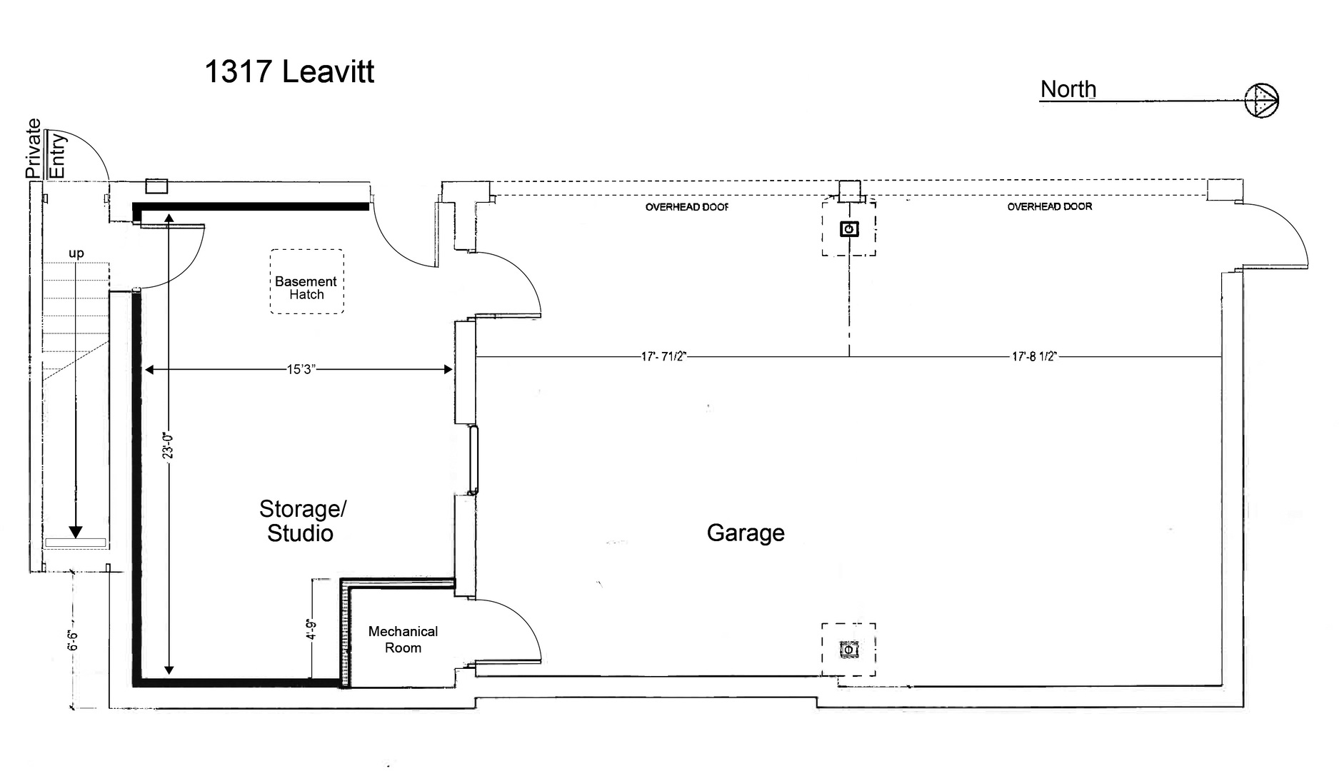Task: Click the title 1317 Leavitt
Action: pyautogui.click(x=289, y=72)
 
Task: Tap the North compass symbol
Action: pyautogui.click(x=1262, y=100)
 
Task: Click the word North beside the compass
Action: pyautogui.click(x=1068, y=89)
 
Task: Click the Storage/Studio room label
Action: pyautogui.click(x=301, y=521)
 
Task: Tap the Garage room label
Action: pyautogui.click(x=746, y=533)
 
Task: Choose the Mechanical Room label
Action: pyautogui.click(x=403, y=640)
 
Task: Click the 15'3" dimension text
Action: pyautogui.click(x=301, y=370)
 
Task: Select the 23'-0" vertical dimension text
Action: pyautogui.click(x=169, y=445)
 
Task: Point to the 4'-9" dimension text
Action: pyautogui.click(x=311, y=630)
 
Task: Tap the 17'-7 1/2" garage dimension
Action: pyautogui.click(x=663, y=356)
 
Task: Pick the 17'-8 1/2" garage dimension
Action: pyautogui.click(x=1034, y=356)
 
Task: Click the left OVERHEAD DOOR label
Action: pyautogui.click(x=687, y=207)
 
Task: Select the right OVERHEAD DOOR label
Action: pyautogui.click(x=1050, y=206)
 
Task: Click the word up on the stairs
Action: pyautogui.click(x=76, y=253)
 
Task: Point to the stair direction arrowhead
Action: pyautogui.click(x=76, y=533)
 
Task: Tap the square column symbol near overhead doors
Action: pyautogui.click(x=849, y=229)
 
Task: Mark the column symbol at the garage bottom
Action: pyautogui.click(x=848, y=650)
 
